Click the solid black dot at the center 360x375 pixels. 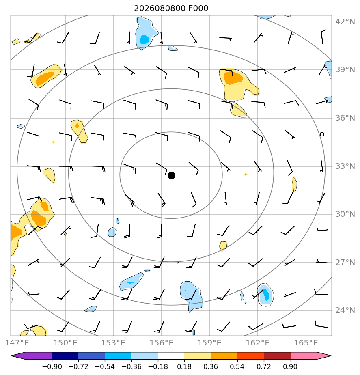(x=171, y=176)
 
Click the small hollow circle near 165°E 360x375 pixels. (x=322, y=134)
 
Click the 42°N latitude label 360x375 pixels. (x=345, y=22)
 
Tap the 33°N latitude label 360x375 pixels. (x=345, y=166)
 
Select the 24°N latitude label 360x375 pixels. (x=345, y=310)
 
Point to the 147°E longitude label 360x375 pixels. (x=17, y=343)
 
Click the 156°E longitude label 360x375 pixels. (x=162, y=343)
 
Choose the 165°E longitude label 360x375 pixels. (x=306, y=343)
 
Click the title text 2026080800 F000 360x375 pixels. (x=171, y=9)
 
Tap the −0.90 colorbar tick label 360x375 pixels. (x=52, y=366)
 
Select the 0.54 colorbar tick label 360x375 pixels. (x=237, y=366)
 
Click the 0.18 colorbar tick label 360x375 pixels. (x=184, y=366)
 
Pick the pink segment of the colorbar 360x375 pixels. (x=304, y=356)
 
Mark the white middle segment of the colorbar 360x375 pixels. (x=171, y=356)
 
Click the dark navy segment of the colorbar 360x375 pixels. (x=65, y=356)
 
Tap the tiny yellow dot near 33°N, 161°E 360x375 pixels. (x=246, y=174)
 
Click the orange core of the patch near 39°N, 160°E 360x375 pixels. (x=233, y=78)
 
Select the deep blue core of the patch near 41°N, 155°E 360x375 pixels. (x=144, y=39)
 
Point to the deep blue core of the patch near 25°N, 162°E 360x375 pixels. (x=266, y=295)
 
